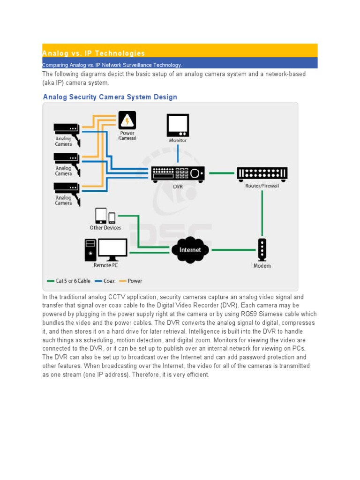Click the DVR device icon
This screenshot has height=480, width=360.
178,174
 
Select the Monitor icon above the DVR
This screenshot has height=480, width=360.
178,125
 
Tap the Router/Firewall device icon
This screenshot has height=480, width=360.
262,174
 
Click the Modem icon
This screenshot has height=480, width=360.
262,250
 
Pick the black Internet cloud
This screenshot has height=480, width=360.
189,250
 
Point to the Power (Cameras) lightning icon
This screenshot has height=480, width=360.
127,120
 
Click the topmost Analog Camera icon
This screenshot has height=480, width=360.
67,128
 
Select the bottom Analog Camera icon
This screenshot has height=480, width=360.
67,187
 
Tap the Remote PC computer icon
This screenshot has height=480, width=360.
106,250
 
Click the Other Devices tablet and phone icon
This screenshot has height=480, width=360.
105,216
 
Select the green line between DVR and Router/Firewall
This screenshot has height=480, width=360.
222,173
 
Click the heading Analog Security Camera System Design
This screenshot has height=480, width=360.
110,97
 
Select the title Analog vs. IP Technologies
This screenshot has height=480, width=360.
94,53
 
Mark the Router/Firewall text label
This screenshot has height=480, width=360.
262,186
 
